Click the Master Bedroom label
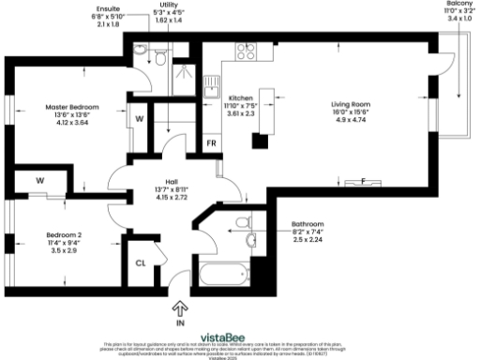[72, 107]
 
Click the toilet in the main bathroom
[243, 222]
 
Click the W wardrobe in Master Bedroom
[139, 119]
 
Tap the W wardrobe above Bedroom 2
[40, 180]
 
